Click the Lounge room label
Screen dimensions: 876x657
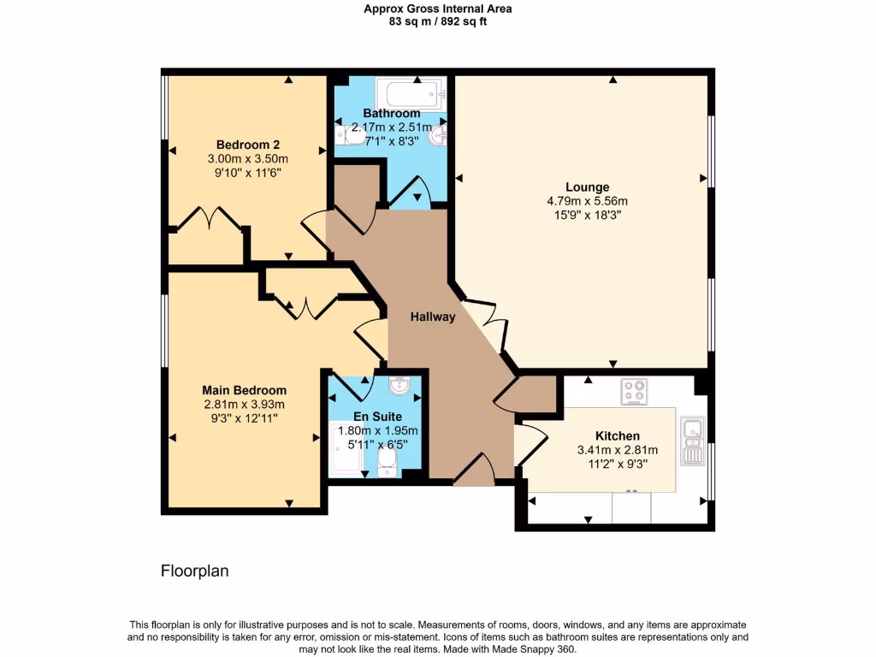tap(587, 187)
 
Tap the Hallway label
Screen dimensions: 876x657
tap(433, 317)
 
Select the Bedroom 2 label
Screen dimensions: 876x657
tap(247, 145)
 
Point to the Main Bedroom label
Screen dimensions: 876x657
tap(244, 390)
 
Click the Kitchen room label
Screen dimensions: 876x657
tap(618, 435)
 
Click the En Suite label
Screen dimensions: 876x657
tap(377, 417)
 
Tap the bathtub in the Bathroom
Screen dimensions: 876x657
tap(411, 94)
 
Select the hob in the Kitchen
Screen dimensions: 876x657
tap(634, 391)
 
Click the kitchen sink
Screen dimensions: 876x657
tap(693, 441)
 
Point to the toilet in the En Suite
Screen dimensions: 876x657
tap(387, 464)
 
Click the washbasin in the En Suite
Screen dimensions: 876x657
tap(399, 385)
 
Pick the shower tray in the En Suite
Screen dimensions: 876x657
tap(346, 450)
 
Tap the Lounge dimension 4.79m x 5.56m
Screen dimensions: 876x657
tap(587, 201)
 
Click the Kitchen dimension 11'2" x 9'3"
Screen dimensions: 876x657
tap(618, 464)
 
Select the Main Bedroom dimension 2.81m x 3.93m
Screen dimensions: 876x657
tap(244, 404)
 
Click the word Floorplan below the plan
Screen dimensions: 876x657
tap(194, 571)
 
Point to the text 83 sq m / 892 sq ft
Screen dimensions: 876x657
tap(438, 21)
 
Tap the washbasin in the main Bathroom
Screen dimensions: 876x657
tap(438, 134)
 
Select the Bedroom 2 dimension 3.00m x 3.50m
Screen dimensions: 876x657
tap(247, 158)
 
